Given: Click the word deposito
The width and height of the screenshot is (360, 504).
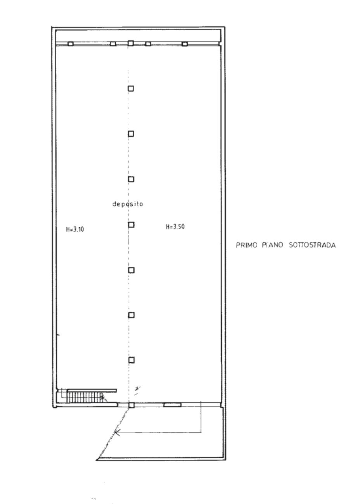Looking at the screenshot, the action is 128,204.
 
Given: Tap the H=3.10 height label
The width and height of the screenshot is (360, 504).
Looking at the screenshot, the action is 75,229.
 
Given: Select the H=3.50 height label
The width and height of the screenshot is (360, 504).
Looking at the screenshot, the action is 175,227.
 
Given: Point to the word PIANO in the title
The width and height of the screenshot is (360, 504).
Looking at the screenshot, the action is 272,245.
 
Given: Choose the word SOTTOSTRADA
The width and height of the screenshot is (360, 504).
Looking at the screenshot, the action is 312,245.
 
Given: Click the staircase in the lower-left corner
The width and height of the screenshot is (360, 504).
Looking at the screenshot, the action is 85,397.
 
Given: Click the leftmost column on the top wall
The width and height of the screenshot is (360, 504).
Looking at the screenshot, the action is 71,43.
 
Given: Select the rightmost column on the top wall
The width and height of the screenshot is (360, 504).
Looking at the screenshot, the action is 185,43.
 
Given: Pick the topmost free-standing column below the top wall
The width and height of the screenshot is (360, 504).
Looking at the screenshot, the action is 131,89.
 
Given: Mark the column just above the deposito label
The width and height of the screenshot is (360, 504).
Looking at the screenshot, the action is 131,179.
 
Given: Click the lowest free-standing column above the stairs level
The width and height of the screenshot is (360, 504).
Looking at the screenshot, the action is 132,360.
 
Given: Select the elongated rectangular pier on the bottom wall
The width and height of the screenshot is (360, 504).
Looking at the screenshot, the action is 172,405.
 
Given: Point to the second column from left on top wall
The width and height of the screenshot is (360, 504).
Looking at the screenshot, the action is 113,43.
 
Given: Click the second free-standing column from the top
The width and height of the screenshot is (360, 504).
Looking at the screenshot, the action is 131,134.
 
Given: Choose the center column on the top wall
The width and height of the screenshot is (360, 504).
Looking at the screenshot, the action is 131,43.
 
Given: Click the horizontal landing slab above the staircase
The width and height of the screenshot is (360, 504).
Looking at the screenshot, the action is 92,390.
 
